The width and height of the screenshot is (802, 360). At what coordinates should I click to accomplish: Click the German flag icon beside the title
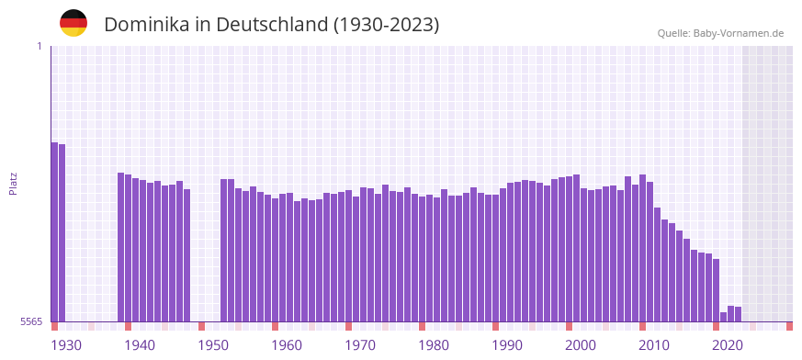(73, 23)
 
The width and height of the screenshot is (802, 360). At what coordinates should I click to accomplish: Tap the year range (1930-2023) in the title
(385, 25)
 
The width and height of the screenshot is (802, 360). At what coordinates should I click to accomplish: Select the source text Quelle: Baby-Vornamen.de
(720, 34)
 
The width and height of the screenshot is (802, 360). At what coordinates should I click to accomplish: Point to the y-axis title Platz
(13, 184)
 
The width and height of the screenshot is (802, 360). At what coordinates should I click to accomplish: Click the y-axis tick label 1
(39, 46)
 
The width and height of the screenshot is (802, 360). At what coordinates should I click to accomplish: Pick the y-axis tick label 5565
(31, 321)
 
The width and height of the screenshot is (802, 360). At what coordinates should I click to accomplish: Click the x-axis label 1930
(66, 345)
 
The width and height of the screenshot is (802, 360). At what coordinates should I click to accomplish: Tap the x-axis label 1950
(213, 345)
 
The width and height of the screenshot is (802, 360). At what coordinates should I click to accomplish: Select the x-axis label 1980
(434, 345)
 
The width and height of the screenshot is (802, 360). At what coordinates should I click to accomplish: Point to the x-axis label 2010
(654, 345)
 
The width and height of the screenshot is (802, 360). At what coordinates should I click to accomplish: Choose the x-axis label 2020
(728, 345)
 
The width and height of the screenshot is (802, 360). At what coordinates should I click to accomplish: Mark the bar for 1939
(129, 248)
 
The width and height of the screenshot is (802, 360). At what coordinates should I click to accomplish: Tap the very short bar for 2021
(731, 313)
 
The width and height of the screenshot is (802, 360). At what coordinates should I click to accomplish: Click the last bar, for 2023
(739, 314)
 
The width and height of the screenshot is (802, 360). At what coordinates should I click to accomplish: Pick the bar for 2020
(724, 317)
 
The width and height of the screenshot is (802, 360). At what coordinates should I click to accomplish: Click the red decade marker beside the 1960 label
(276, 326)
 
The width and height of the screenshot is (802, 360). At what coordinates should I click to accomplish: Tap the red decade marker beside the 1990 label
(496, 326)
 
